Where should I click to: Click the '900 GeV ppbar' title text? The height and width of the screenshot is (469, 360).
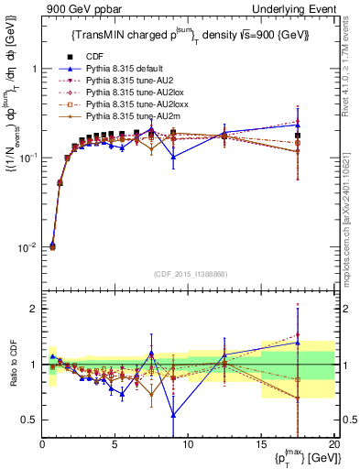(74, 8)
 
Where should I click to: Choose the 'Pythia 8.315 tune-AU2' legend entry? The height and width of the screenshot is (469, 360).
(129, 81)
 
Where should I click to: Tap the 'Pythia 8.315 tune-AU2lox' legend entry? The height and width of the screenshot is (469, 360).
(133, 93)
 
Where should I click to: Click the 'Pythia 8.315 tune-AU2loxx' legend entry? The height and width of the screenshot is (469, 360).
(135, 104)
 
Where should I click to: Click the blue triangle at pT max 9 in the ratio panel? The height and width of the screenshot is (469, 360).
(173, 414)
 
